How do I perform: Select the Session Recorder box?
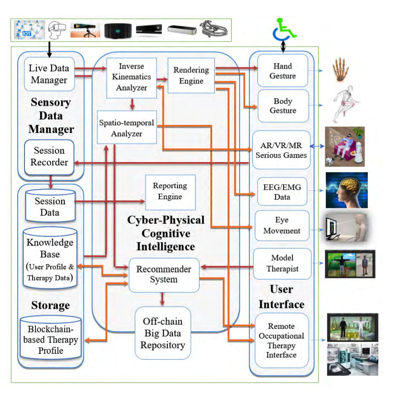pos(49,156)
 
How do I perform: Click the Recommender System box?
pos(164,274)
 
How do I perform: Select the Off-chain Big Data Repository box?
pos(162,333)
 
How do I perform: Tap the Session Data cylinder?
pos(50,206)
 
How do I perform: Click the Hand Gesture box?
pos(283,71)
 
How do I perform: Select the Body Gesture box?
pos(283,106)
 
